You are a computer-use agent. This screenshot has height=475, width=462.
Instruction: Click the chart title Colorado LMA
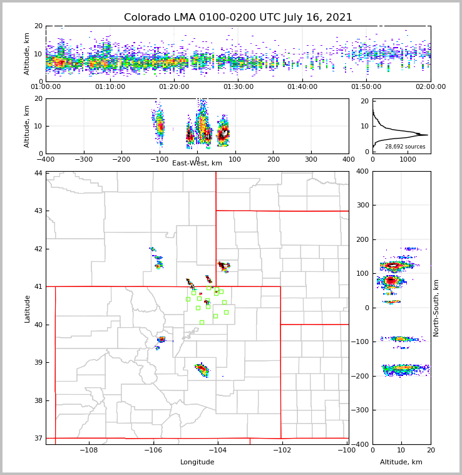238,18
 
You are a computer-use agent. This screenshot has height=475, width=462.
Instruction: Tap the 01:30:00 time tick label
239,87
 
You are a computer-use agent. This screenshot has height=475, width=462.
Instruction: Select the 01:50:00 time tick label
366,87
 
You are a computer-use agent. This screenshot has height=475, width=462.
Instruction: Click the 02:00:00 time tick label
430,87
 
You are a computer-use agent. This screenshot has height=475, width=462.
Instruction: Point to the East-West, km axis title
197,164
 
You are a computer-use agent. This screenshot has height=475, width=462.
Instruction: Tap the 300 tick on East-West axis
311,159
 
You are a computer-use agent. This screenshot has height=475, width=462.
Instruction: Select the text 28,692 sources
405,147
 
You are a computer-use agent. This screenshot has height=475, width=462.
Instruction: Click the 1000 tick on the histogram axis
408,159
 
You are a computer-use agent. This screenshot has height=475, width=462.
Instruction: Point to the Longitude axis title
197,462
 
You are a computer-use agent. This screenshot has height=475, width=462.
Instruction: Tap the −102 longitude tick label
281,450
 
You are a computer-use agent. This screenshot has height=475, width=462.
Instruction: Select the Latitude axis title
27,308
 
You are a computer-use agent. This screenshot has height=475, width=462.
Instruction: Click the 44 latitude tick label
38,173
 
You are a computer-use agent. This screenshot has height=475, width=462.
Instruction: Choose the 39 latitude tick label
38,362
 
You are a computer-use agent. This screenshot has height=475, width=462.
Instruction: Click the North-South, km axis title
436,308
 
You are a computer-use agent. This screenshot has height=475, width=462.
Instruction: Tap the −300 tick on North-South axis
361,410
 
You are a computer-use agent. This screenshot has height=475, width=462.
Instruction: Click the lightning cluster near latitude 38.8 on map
202,369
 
